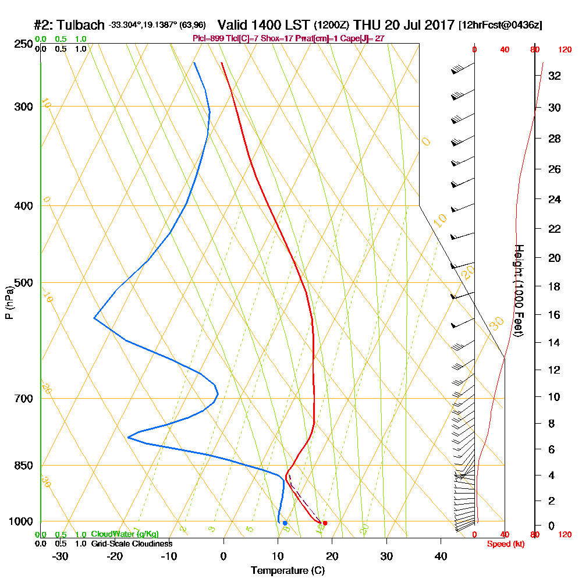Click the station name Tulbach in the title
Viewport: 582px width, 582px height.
pyautogui.click(x=79, y=26)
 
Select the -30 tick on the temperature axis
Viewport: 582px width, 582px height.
pyautogui.click(x=61, y=556)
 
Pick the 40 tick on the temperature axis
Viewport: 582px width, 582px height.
pyautogui.click(x=441, y=556)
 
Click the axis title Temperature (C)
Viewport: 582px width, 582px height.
pyautogui.click(x=288, y=571)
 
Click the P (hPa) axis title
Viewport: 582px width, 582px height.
pyautogui.click(x=9, y=302)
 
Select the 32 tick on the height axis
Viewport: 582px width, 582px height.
pyautogui.click(x=553, y=76)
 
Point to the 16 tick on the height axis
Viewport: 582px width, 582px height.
pyautogui.click(x=553, y=315)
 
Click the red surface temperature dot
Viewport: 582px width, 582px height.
pyautogui.click(x=325, y=523)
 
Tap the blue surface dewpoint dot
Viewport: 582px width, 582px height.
pyautogui.click(x=285, y=523)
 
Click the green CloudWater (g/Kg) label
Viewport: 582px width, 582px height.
pyautogui.click(x=125, y=534)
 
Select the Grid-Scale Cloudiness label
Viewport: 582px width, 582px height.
pyautogui.click(x=132, y=544)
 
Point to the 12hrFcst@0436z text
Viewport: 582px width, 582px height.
pyautogui.click(x=501, y=26)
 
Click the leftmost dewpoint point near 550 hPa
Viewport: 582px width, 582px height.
pyautogui.click(x=94, y=318)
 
